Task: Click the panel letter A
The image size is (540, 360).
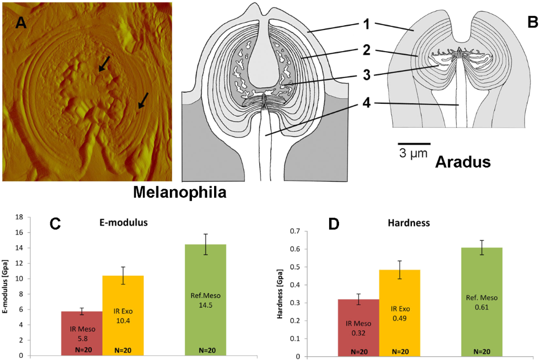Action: pos(21,22)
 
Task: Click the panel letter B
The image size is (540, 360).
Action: pos(532,22)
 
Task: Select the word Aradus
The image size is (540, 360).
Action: pos(463,162)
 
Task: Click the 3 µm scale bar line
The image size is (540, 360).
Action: pos(414,143)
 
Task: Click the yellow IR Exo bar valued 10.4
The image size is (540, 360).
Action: pos(123,316)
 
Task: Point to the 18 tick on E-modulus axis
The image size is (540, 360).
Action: pos(19,217)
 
